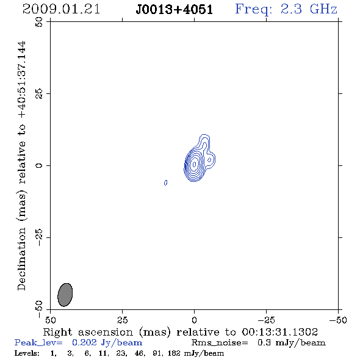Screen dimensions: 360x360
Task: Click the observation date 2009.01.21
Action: tap(61, 9)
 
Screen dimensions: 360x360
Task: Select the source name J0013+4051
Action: tap(175, 10)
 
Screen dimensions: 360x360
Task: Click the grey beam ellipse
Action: tap(65, 295)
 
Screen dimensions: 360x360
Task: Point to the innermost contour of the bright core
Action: tap(194, 164)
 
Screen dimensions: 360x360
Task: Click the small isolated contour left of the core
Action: tap(165, 182)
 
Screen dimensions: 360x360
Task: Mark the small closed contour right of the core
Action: tap(209, 160)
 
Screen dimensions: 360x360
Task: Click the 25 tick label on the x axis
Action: tap(122, 320)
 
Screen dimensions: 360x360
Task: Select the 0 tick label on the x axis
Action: tap(194, 320)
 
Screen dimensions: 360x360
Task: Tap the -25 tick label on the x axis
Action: tap(266, 320)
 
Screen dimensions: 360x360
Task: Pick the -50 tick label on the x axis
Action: tap(338, 320)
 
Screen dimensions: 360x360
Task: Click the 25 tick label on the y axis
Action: tap(39, 94)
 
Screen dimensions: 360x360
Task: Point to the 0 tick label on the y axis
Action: tap(39, 165)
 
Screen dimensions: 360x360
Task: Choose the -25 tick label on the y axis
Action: tap(39, 237)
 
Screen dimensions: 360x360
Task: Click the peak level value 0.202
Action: tap(84, 342)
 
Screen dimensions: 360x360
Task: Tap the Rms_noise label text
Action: tap(220, 343)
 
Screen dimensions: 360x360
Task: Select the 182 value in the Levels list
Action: tap(174, 353)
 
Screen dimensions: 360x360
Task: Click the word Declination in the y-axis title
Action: tap(21, 259)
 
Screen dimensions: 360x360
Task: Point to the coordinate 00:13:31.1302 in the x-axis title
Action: tap(279, 332)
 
